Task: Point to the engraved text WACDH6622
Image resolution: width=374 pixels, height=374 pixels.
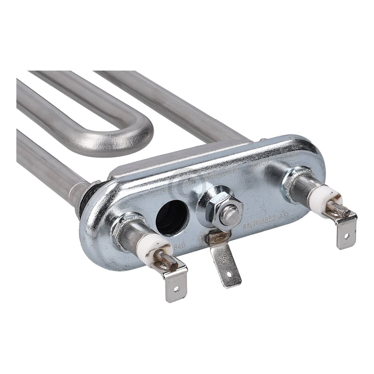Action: (x=260, y=225)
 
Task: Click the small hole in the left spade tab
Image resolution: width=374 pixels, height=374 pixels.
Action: (x=177, y=288)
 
